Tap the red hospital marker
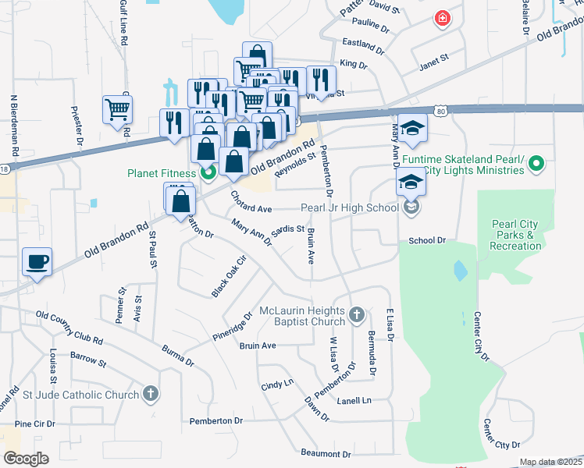coord(443,18)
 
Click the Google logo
coord(26,458)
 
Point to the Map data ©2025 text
coord(550,462)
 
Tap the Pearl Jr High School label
coord(351,208)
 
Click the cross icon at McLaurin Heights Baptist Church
coord(356,315)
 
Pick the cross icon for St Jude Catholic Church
coord(150,395)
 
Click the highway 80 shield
coord(441,112)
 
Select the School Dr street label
coord(426,241)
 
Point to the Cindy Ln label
coord(276,385)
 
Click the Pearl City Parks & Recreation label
coord(515,235)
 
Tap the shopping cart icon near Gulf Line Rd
coord(117,110)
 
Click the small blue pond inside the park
coord(461,271)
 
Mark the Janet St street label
coord(434,58)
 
